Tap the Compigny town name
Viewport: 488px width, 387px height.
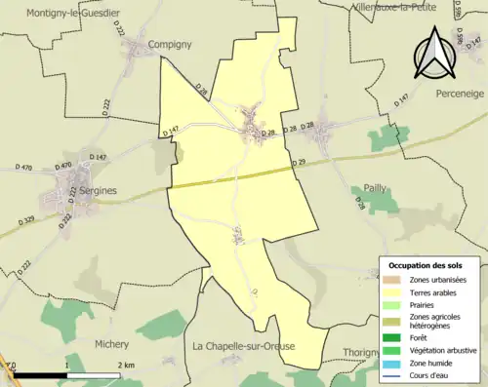[x=170, y=45]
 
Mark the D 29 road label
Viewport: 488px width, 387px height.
[x=298, y=162]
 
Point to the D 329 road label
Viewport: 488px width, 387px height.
[x=25, y=219]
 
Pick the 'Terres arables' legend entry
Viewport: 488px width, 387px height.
[x=434, y=291]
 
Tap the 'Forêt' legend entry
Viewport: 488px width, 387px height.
[x=422, y=337]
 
